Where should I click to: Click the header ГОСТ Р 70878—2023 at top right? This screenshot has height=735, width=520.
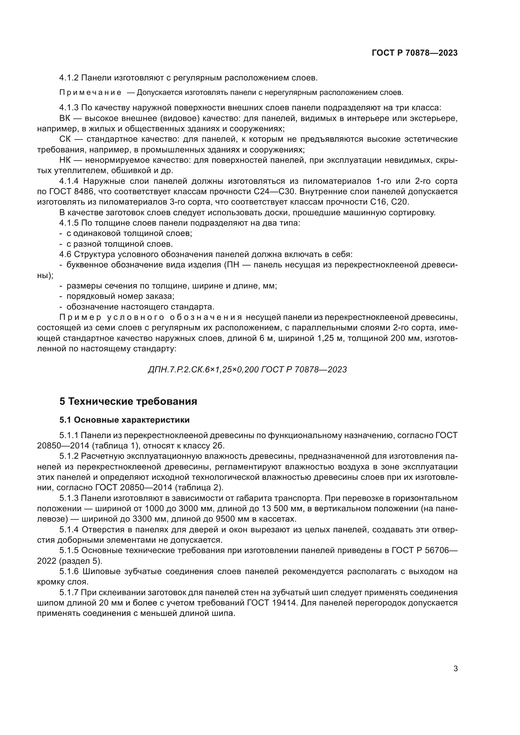(415, 53)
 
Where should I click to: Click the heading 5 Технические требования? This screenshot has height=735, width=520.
(128, 401)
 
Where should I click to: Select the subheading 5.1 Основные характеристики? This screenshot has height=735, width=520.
(124, 420)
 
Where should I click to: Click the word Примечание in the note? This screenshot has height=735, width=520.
(91, 93)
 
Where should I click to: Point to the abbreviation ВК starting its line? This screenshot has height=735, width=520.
(65, 118)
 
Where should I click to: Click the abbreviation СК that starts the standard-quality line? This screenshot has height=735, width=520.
(65, 139)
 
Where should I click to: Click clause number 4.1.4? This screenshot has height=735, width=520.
(69, 181)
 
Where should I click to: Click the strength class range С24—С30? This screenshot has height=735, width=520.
(272, 192)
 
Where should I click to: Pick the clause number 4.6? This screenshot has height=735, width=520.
(65, 255)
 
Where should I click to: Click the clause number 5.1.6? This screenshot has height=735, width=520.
(69, 571)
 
